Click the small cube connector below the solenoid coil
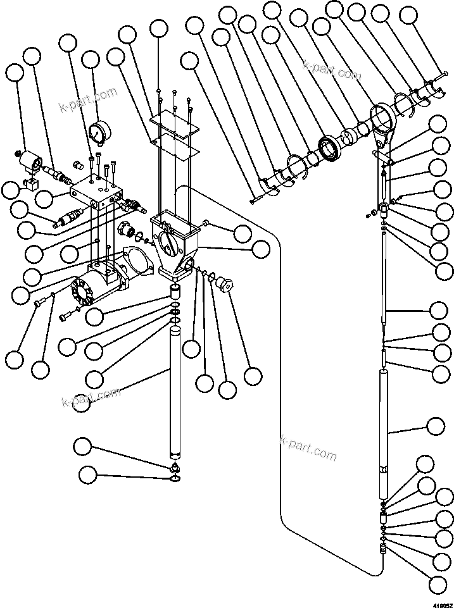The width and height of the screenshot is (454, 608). [30, 185]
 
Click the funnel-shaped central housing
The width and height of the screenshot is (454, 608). [175, 244]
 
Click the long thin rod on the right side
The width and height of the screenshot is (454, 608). [385, 278]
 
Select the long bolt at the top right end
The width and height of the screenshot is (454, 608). [436, 78]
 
